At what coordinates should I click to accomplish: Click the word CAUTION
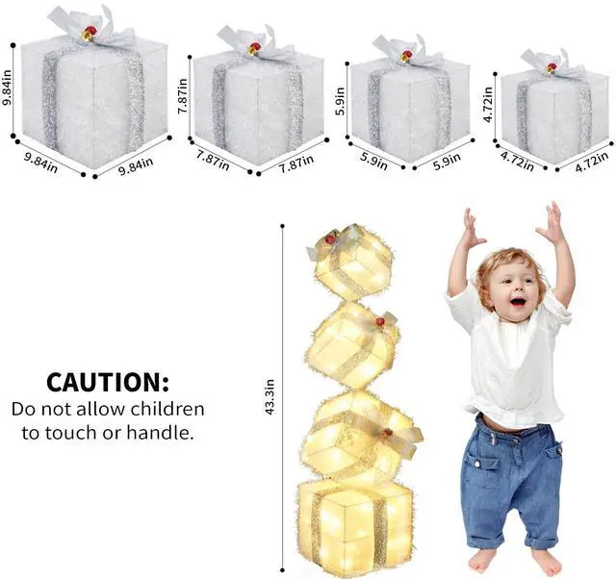click(x=107, y=383)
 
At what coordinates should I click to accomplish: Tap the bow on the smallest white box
click(x=551, y=64)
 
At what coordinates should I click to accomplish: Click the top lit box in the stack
click(x=350, y=261)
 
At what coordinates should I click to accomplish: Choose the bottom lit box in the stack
click(x=355, y=525)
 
